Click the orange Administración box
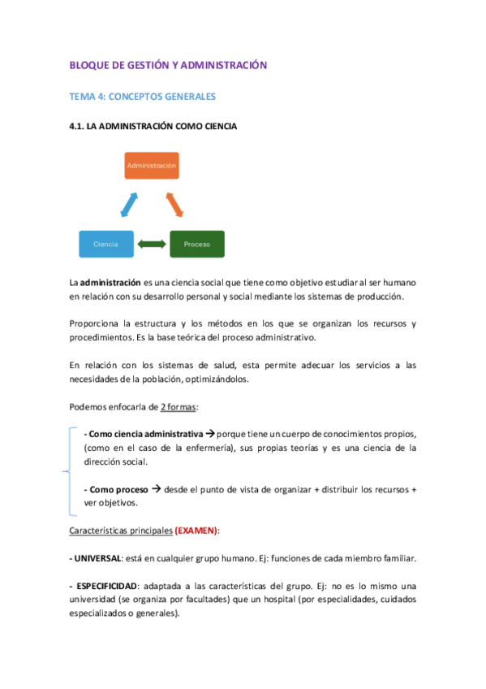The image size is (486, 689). coord(151,166)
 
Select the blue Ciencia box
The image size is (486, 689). coord(105,244)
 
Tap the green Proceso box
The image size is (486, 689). coord(196,244)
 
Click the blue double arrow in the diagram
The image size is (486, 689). coord(129,204)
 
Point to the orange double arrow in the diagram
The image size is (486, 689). coord(175,204)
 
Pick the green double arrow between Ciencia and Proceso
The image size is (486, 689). coord(151,244)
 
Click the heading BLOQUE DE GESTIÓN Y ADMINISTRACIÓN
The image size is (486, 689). coord(168,64)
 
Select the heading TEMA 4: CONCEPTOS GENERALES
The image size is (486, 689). coord(142,97)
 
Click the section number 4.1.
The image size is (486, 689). coord(78,127)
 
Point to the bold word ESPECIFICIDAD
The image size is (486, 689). coord(105,586)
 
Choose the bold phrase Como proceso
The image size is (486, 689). coord(118,489)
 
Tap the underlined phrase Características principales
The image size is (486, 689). coord(120,531)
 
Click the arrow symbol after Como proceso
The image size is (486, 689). coord(157,489)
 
